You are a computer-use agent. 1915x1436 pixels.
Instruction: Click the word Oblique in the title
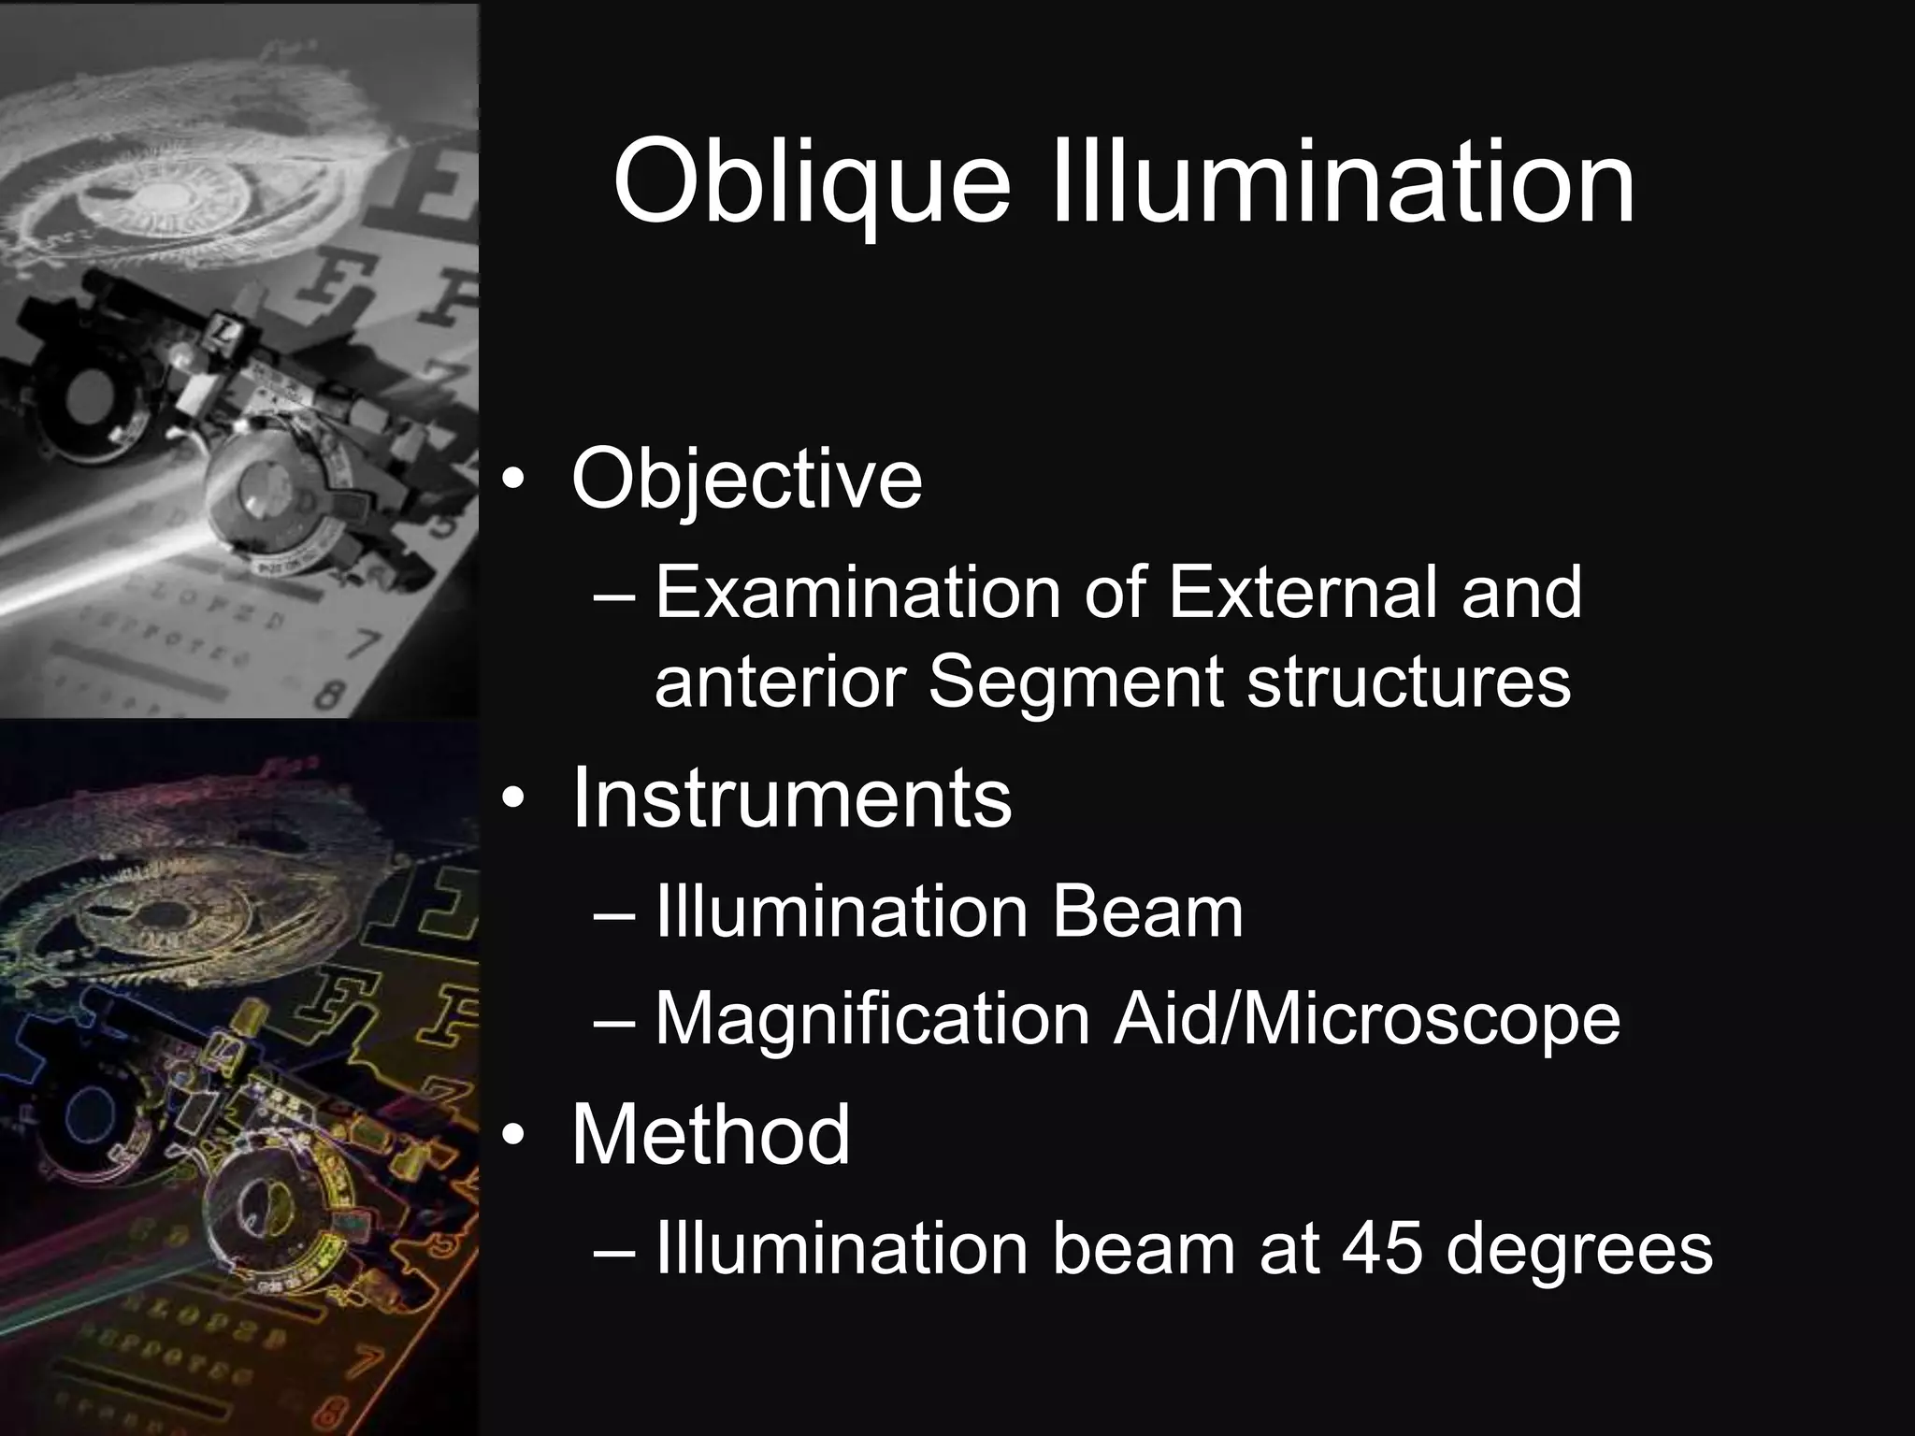pyautogui.click(x=812, y=182)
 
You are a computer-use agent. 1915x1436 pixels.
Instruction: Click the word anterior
pyautogui.click(x=779, y=682)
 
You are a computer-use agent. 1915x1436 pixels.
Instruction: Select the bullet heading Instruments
pyautogui.click(x=791, y=798)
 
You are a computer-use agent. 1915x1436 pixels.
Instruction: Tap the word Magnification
pyautogui.click(x=872, y=1019)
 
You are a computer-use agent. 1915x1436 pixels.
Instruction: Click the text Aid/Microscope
pyautogui.click(x=1366, y=1019)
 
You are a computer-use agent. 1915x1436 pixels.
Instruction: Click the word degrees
pyautogui.click(x=1579, y=1251)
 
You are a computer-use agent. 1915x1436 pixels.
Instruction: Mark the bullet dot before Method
pyautogui.click(x=514, y=1137)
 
